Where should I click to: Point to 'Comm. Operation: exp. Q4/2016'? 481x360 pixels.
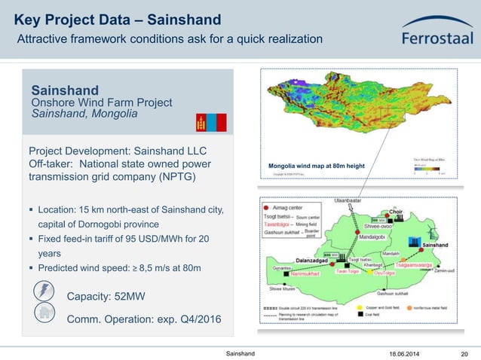(x=144, y=319)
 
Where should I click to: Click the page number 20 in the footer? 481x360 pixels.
(x=464, y=353)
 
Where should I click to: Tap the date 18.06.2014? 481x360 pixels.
(x=406, y=353)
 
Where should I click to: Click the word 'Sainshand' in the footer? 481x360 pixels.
(x=240, y=353)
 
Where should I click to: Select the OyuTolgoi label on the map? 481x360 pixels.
(x=389, y=273)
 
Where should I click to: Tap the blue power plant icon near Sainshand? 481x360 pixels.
(x=413, y=242)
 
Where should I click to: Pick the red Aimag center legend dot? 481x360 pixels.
(x=265, y=205)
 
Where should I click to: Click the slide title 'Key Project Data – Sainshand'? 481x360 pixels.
(x=118, y=19)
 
